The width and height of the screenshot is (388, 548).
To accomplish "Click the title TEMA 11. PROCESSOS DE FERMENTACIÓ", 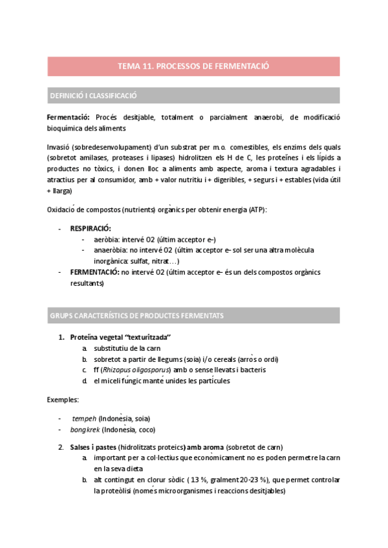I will click(193, 66).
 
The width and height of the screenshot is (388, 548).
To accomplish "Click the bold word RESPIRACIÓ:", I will click(91, 228).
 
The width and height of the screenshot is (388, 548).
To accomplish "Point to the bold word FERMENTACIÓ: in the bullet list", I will click(94, 272).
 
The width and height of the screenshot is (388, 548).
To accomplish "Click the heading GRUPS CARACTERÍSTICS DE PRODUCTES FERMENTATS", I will click(136, 315).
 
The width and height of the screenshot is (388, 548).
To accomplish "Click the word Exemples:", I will click(62, 400).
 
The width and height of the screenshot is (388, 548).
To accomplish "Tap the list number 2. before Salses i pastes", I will click(61, 447).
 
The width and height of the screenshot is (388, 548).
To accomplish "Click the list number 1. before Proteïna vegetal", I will click(61, 337).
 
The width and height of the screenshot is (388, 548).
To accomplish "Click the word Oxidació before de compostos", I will click(62, 209).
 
